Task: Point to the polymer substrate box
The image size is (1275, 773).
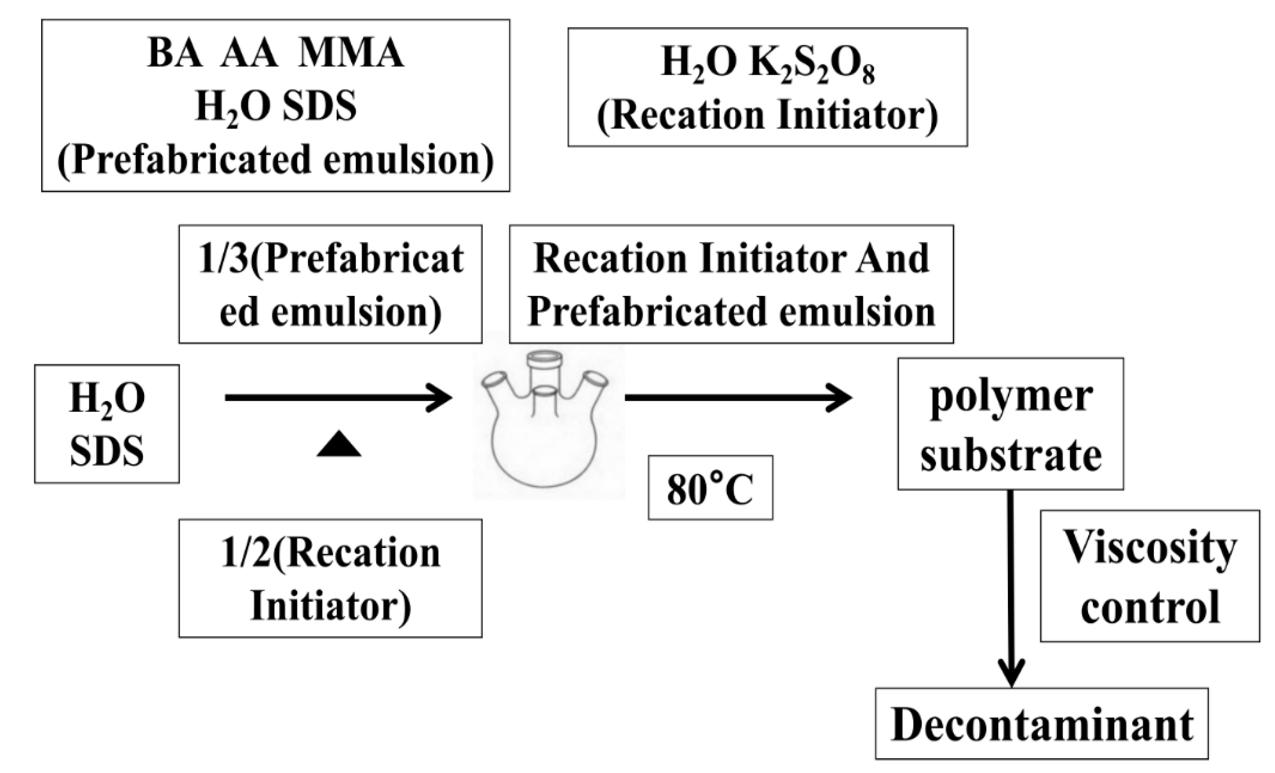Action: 1010,424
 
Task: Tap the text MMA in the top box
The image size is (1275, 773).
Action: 351,54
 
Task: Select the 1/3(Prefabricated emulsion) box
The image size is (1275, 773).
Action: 330,284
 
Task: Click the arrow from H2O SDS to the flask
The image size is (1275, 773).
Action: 338,397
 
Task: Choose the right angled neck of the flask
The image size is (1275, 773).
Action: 592,386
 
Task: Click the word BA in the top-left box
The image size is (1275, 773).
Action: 174,54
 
